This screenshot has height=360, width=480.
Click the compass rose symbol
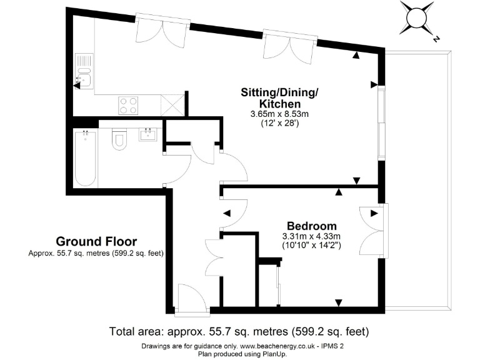tap(417, 17)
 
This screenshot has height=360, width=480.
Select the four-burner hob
tap(128, 104)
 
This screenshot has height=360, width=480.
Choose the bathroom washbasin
tap(149, 134)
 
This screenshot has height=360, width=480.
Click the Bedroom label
tap(312, 226)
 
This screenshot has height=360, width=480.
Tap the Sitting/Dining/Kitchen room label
tap(280, 97)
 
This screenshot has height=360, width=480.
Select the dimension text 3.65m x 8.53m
tap(280, 114)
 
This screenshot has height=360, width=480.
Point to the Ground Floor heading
tap(96, 241)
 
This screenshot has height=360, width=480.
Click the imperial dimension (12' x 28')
tap(280, 124)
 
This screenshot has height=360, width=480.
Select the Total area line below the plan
tap(239, 331)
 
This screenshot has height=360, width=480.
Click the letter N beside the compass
tap(436, 39)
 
